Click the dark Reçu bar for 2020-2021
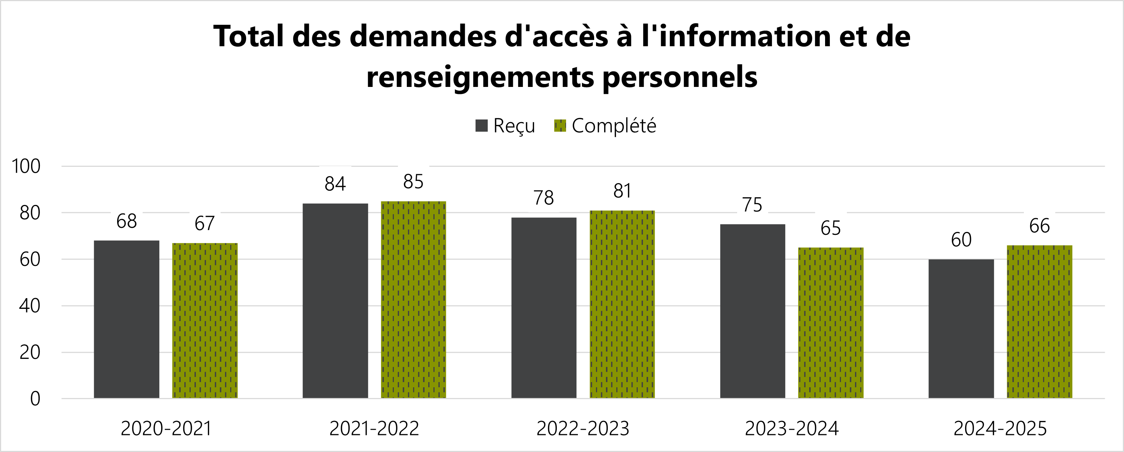click(x=126, y=319)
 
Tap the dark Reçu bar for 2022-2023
click(x=544, y=307)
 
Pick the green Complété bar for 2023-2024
click(x=831, y=323)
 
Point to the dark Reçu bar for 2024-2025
click(x=961, y=328)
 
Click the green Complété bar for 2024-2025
click(x=1039, y=321)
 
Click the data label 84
click(x=335, y=184)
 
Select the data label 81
click(x=622, y=191)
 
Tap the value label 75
click(x=752, y=205)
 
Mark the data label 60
click(x=961, y=240)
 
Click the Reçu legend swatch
click(x=481, y=126)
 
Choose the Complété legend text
click(x=614, y=126)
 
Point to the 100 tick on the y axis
click(x=26, y=166)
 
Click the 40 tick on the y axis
click(x=30, y=306)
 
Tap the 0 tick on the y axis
click(x=35, y=399)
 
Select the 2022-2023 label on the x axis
click(x=583, y=428)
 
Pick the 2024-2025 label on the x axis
click(x=1000, y=428)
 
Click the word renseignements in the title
click(x=480, y=77)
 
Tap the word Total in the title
click(x=249, y=36)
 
